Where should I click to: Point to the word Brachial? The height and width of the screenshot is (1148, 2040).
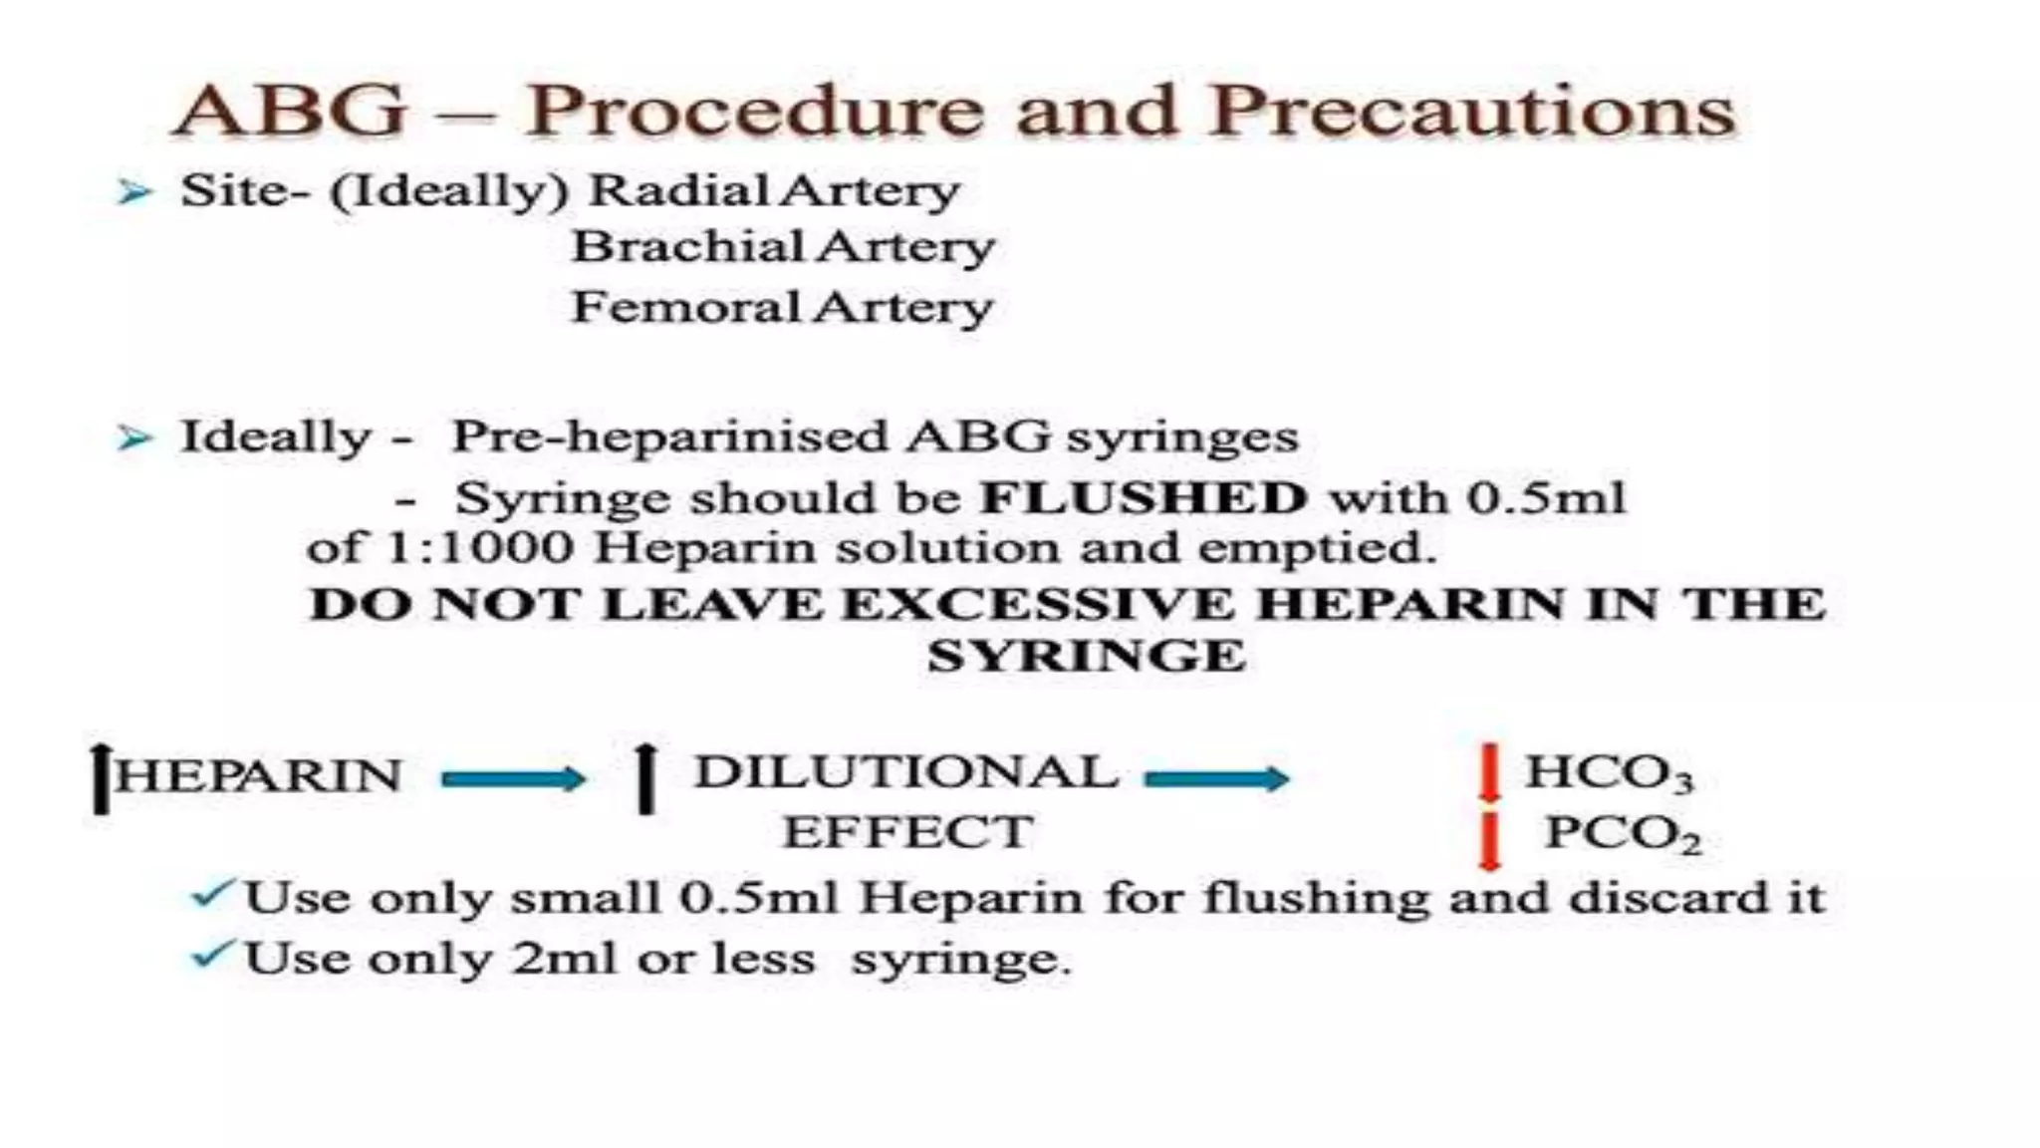coord(687,247)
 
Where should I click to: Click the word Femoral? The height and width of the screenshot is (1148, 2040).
coord(686,307)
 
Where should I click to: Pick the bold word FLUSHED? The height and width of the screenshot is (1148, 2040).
coord(1144,497)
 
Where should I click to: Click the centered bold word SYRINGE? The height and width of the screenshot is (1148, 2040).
coord(1087,657)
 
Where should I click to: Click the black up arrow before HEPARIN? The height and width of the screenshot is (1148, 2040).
coord(100,778)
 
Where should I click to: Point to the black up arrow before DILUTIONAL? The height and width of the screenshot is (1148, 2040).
coord(646,778)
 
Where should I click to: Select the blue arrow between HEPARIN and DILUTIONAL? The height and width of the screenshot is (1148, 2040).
coord(513,778)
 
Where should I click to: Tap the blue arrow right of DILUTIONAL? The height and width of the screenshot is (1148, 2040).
coord(1216,778)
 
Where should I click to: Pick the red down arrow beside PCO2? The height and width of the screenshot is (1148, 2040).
coord(1489,839)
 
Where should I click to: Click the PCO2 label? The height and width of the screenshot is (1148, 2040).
coord(1622,834)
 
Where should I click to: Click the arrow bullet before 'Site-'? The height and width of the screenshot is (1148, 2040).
coord(133,191)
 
